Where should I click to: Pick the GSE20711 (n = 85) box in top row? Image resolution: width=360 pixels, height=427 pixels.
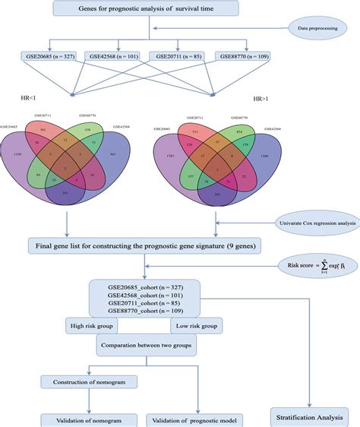tap(175, 56)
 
